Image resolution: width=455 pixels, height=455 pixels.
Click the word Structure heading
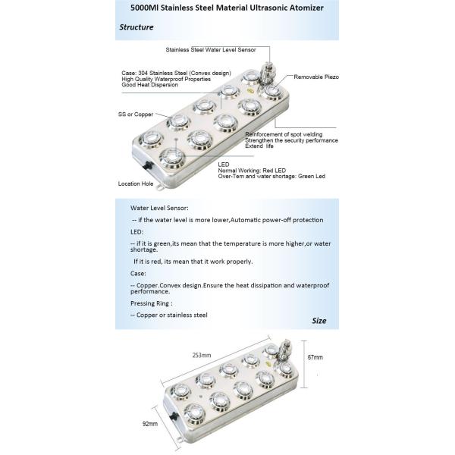[x=136, y=27]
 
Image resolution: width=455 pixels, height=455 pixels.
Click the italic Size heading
[x=319, y=321]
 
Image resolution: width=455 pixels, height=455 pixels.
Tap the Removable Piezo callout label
[x=316, y=77]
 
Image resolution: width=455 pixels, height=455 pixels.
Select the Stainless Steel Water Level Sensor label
[x=211, y=49]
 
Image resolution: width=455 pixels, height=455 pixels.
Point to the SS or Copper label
[x=136, y=115]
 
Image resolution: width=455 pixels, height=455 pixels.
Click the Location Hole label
[x=136, y=184]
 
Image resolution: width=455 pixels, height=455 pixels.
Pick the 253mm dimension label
[x=202, y=355]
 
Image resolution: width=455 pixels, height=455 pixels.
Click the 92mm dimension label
[x=150, y=424]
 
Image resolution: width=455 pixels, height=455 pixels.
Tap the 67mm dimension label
[x=315, y=357]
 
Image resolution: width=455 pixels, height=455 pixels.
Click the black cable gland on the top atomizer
[x=148, y=165]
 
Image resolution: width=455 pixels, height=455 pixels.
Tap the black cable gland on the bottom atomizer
[x=174, y=416]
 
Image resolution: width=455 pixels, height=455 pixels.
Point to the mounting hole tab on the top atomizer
[x=160, y=187]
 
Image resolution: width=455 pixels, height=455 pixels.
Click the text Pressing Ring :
[x=152, y=303]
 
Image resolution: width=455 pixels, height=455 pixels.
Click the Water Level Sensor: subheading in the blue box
[x=159, y=208]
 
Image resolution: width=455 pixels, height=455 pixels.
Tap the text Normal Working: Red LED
[x=252, y=171]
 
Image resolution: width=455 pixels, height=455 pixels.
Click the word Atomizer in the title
[x=306, y=8]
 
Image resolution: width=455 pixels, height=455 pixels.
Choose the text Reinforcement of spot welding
[x=284, y=134]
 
